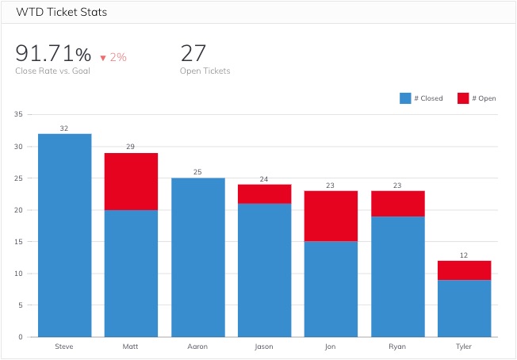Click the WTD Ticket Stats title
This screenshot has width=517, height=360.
(61, 13)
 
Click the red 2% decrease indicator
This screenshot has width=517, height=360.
(113, 57)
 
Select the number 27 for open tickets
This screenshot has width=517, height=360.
(193, 54)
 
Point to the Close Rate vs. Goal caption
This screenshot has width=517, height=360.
(52, 71)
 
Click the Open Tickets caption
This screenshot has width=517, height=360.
(205, 71)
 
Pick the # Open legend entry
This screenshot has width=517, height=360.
(476, 98)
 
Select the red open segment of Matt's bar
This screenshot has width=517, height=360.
(132, 182)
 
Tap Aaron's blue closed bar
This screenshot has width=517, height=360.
(198, 257)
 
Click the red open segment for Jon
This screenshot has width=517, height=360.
(331, 216)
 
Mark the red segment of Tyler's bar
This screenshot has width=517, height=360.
(465, 270)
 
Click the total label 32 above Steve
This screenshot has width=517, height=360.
(64, 128)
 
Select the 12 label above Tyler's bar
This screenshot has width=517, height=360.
(465, 255)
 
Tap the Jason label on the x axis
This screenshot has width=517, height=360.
(264, 347)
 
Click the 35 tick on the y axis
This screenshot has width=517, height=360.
(18, 115)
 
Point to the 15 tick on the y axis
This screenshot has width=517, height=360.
(18, 242)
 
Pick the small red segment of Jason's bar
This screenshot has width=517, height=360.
(265, 194)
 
